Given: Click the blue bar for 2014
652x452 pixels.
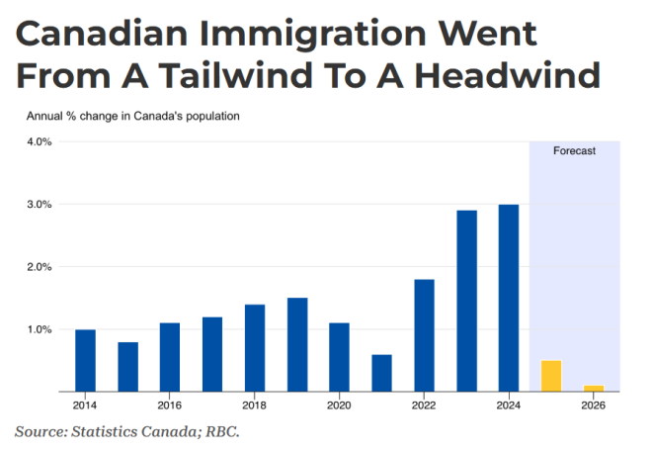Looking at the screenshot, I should coord(86,360).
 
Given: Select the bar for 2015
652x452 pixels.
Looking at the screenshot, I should coord(127,366).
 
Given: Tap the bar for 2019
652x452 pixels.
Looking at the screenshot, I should coord(297,344).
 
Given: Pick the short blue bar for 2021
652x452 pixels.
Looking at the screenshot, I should coord(381,372).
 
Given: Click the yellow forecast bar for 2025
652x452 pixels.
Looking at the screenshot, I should coord(551,376).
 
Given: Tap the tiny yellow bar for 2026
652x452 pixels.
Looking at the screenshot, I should coord(593,388).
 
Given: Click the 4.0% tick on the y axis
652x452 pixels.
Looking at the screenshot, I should coord(40,142).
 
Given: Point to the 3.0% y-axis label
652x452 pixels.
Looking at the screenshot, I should coord(40,205).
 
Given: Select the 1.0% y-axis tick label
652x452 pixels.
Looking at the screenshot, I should coord(40,329).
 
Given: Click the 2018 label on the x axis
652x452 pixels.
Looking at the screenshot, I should coord(254,406).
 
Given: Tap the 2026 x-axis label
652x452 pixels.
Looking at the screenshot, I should coord(593,406).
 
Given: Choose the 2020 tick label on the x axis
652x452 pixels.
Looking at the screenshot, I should coord(339,406).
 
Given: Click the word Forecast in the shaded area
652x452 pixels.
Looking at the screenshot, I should coord(574,152).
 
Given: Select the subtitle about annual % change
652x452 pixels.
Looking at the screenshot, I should coord(133,117).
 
